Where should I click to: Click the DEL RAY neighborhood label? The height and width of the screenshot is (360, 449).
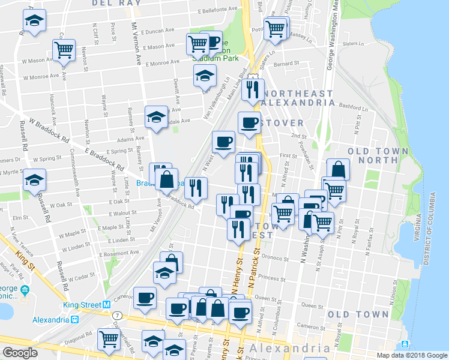(116, 3)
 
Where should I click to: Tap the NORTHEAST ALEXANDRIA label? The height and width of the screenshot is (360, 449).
(299, 98)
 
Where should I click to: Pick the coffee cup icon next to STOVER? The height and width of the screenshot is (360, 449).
(249, 123)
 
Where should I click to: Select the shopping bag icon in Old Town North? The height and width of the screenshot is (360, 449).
(338, 169)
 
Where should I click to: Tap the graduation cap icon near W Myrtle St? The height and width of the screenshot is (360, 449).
(34, 180)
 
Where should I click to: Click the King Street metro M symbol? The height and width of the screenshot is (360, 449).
(106, 305)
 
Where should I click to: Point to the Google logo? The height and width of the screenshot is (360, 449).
(20, 353)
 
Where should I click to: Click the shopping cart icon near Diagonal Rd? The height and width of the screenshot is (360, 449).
(109, 339)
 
